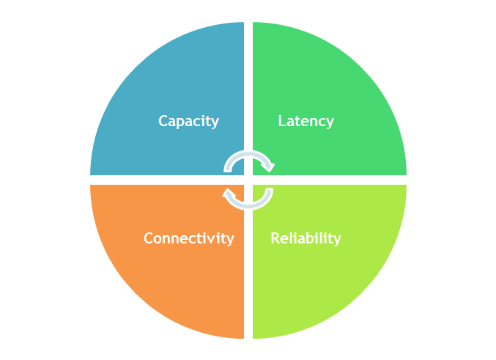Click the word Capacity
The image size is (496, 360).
coord(188,121)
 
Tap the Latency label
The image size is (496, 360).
coord(306,121)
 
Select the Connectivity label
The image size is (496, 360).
coord(188,238)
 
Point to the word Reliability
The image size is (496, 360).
coord(306,238)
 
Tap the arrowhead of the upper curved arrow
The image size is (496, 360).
coord(269,167)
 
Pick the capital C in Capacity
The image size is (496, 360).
coord(163,121)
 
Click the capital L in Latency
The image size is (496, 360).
coord(282,121)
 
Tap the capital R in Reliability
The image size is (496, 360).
coord(275,238)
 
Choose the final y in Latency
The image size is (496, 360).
coord(330,122)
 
